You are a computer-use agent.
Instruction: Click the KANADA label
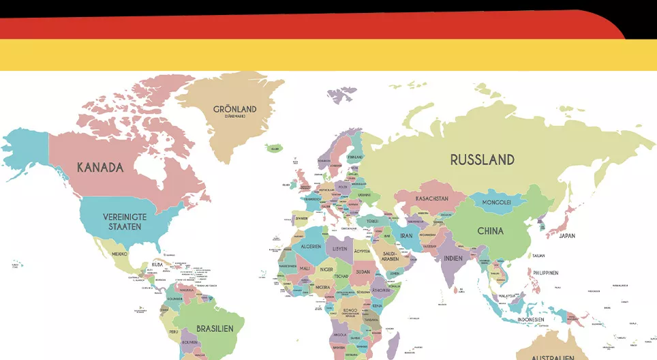(100, 168)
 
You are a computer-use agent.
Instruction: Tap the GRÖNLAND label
(235, 110)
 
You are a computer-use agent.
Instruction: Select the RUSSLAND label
(482, 160)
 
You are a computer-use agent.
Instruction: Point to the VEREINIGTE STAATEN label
(125, 221)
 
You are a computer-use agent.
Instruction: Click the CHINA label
(490, 231)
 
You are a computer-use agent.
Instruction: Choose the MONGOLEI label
(497, 202)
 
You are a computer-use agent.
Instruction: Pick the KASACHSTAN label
(431, 198)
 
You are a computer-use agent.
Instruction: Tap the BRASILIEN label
(215, 329)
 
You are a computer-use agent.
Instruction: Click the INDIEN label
(453, 258)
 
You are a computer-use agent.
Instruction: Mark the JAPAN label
(567, 236)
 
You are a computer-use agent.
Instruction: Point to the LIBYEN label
(339, 249)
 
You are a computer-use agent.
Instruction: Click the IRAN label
(406, 236)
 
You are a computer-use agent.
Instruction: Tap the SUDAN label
(363, 271)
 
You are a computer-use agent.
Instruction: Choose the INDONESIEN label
(531, 319)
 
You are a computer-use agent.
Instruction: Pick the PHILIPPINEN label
(546, 273)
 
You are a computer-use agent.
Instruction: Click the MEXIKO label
(119, 254)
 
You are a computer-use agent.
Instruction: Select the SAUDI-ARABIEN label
(390, 256)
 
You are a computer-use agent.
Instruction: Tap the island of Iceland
(274, 148)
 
